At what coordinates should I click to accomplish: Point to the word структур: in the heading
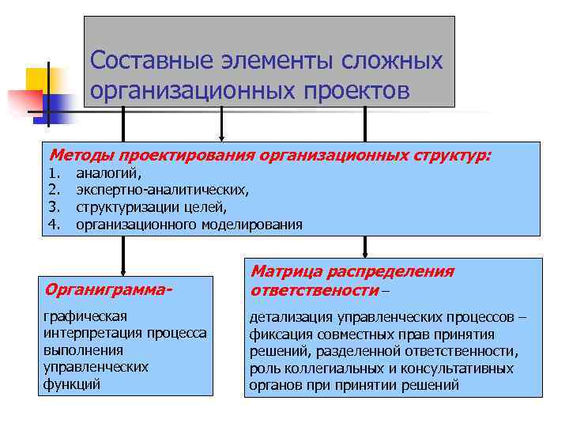point(450,155)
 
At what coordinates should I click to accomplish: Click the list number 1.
point(54,172)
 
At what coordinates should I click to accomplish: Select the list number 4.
point(54,225)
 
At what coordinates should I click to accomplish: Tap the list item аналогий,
point(109,172)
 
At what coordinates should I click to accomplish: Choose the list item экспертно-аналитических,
point(161,190)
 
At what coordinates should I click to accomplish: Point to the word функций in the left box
point(71,385)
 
